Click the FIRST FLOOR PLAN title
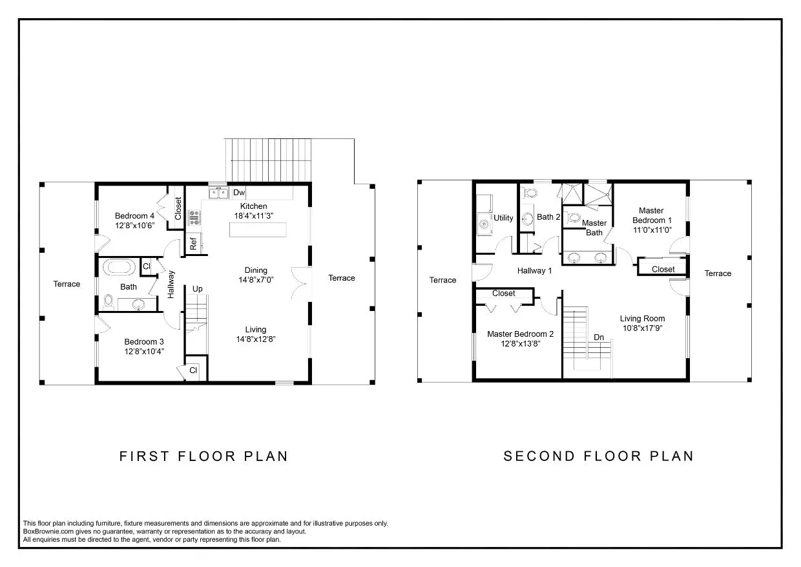pos(203,456)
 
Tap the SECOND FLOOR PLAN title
pos(598,456)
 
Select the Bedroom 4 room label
pos(134,216)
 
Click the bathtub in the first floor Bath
pos(118,266)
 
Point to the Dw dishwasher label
pos(239,193)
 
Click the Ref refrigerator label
pos(193,244)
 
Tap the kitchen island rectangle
pos(258,230)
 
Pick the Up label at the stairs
pos(198,288)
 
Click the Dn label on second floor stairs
pos(599,337)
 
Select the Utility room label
pos(503,218)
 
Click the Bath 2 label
pos(548,217)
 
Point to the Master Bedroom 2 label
pos(520,334)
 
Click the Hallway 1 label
pos(534,271)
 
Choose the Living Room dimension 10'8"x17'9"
pos(642,328)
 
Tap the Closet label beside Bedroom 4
pos(178,208)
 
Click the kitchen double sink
pos(218,193)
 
